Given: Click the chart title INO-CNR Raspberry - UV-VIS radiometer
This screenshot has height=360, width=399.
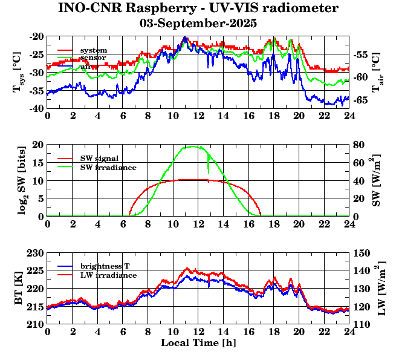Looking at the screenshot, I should click(x=198, y=8).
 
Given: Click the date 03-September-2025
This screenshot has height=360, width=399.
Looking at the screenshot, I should click(x=198, y=24).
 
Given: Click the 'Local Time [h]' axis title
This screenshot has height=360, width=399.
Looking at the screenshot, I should click(x=198, y=343).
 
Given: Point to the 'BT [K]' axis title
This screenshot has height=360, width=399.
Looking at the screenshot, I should click(x=18, y=293).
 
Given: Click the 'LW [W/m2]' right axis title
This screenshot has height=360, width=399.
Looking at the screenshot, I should click(x=381, y=293).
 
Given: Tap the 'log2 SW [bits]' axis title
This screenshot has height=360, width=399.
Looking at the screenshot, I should click(x=18, y=180).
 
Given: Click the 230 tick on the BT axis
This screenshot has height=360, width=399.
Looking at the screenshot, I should click(x=35, y=253).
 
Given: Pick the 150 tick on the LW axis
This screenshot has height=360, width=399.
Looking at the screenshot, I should click(x=361, y=253).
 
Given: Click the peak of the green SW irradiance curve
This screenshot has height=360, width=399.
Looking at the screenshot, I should click(x=193, y=146).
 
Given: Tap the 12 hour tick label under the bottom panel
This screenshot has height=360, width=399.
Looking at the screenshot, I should click(x=198, y=332).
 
